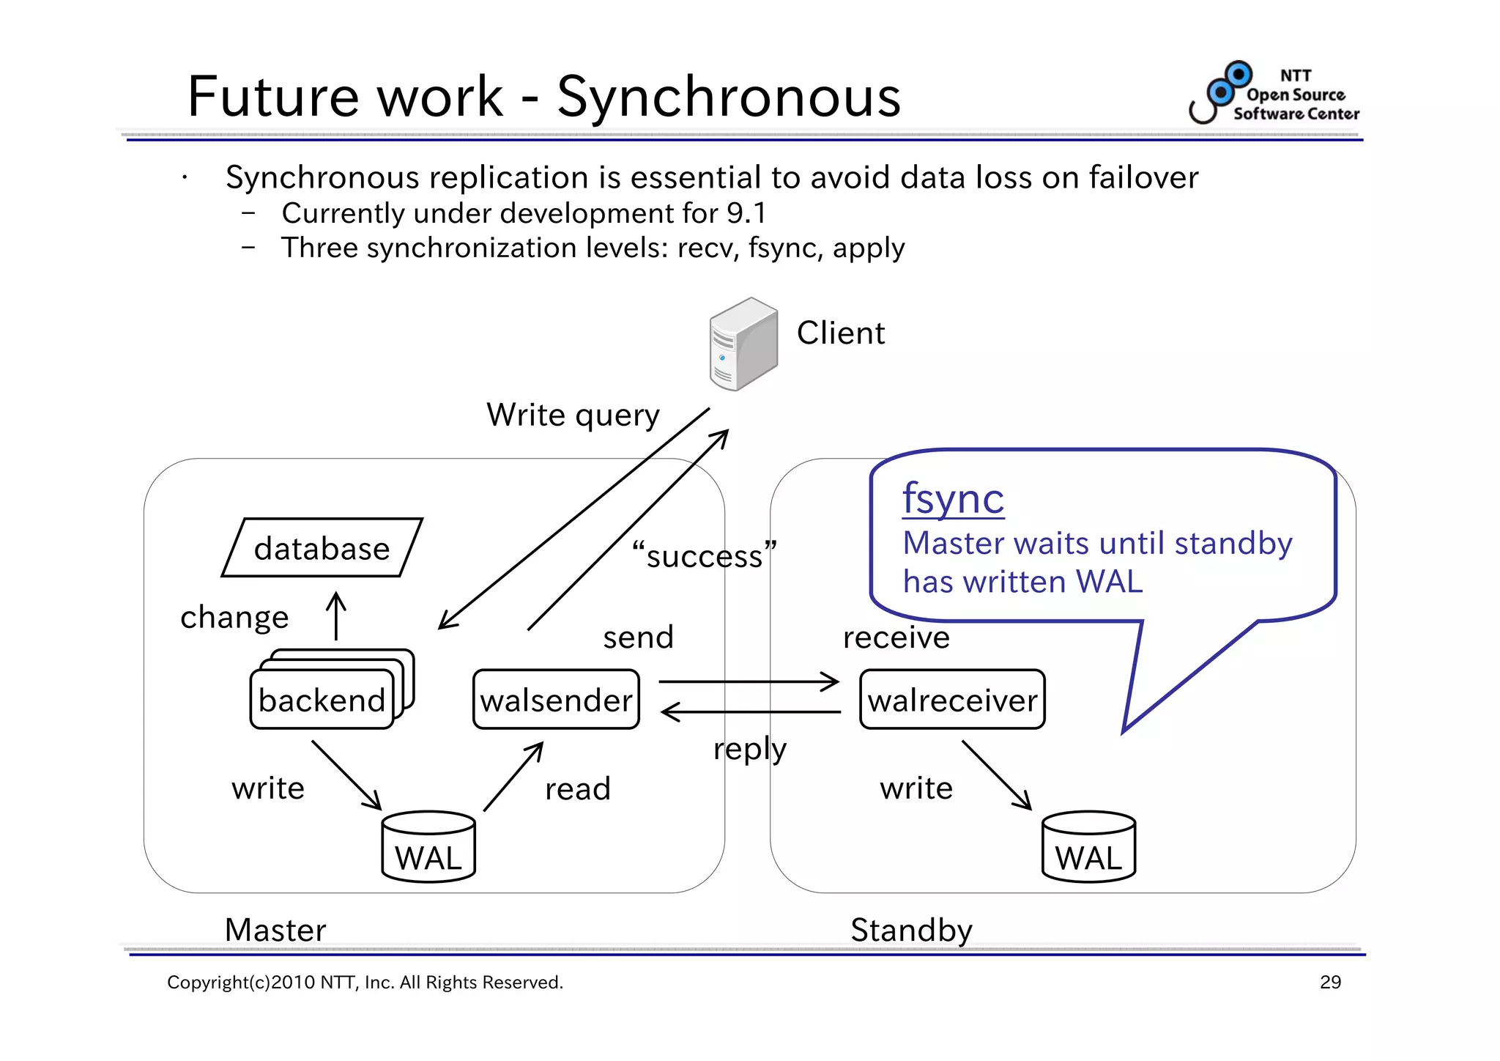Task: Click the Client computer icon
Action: [743, 344]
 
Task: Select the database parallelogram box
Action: [322, 548]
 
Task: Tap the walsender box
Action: [556, 700]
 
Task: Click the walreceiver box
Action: [952, 700]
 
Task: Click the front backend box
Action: [322, 700]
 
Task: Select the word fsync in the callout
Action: [953, 499]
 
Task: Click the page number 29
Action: [1330, 982]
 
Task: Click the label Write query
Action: [573, 415]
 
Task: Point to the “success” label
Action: [704, 555]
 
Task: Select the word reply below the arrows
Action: [750, 750]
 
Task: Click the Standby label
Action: [911, 930]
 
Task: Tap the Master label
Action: [275, 930]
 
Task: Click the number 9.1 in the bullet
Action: [746, 213]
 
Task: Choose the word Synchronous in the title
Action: [729, 97]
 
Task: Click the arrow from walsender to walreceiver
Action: [749, 681]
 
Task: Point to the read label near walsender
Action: [577, 789]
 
